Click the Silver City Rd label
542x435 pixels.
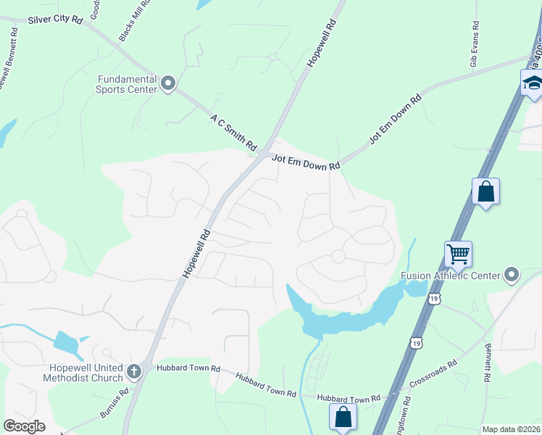(x=55, y=20)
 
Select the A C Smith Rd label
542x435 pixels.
(x=234, y=128)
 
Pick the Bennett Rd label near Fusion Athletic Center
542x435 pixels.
(x=488, y=363)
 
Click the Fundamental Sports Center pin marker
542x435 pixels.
(x=168, y=84)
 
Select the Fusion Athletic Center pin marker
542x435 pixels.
(x=512, y=275)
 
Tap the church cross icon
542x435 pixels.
(x=133, y=372)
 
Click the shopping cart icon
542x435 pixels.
(x=458, y=254)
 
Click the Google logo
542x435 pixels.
(x=25, y=426)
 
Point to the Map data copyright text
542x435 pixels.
(x=511, y=429)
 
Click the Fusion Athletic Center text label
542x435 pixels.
(x=450, y=275)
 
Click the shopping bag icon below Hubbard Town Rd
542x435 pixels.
(x=343, y=417)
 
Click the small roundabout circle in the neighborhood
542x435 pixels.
(x=338, y=256)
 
